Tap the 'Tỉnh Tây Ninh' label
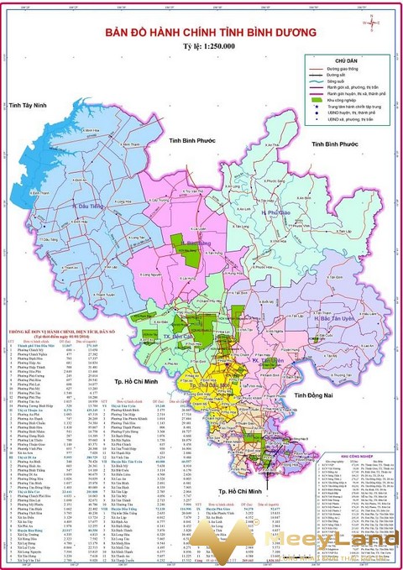click(30, 107)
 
